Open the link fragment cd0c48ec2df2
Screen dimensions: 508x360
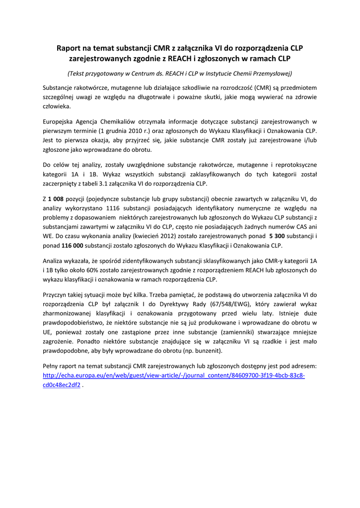pyautogui.click(x=62, y=384)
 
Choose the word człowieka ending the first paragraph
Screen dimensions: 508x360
pyautogui.click(x=57, y=106)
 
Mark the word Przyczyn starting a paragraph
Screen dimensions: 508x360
pyautogui.click(x=56, y=293)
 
